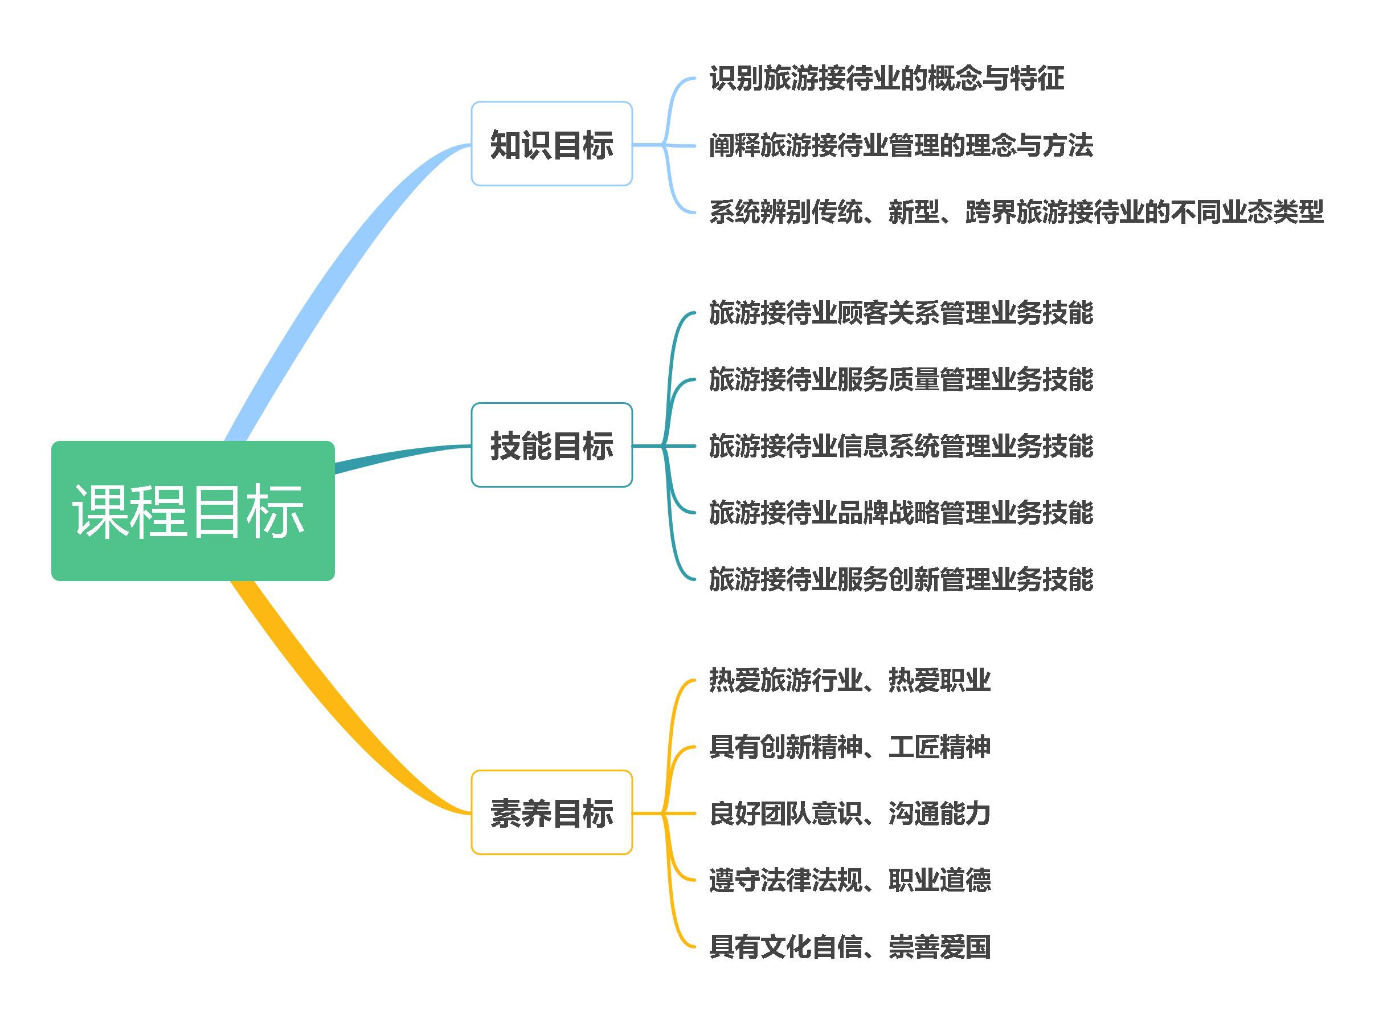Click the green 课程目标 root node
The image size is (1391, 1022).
point(193,510)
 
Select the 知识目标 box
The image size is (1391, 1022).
point(551,144)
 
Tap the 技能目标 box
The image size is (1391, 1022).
point(551,445)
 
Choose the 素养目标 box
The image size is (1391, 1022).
point(551,812)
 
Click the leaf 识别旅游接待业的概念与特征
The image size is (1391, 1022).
point(886,79)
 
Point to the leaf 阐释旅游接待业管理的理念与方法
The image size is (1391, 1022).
point(901,145)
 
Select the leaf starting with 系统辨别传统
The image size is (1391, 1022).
point(1016,211)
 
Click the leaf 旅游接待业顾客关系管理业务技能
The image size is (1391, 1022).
point(901,312)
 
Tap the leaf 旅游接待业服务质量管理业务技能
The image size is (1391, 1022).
point(901,379)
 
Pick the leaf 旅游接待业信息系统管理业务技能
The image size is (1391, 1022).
point(901,445)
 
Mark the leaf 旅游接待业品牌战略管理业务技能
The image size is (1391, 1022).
point(901,512)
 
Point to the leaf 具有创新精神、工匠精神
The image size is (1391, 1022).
point(849,747)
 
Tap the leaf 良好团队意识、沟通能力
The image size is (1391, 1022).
point(849,813)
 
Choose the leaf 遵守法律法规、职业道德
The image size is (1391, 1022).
point(849,880)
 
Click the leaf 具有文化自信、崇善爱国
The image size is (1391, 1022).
point(849,947)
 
